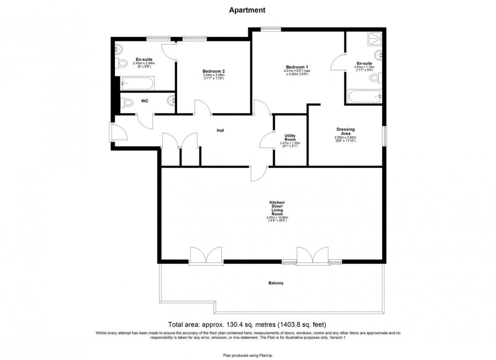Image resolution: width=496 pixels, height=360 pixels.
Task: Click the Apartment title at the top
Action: [x=248, y=10]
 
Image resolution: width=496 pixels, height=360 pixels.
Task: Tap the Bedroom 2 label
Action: [x=213, y=71]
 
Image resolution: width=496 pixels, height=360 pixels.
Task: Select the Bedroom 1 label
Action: [x=297, y=67]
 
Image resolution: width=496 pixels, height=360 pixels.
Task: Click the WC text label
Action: [x=144, y=101]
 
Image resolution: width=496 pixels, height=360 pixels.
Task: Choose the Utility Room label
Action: [x=290, y=138]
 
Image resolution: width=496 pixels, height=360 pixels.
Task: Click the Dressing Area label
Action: [x=345, y=132]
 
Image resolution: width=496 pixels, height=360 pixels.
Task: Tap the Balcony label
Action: [x=276, y=283]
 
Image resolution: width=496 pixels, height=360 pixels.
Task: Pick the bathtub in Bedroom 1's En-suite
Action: [x=365, y=96]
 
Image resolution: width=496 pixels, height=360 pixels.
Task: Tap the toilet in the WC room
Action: [x=127, y=103]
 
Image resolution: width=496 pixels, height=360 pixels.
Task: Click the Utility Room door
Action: [x=267, y=141]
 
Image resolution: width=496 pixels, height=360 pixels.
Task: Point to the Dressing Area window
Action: [x=384, y=136]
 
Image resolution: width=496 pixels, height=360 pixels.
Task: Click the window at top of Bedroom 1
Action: [x=270, y=29]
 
